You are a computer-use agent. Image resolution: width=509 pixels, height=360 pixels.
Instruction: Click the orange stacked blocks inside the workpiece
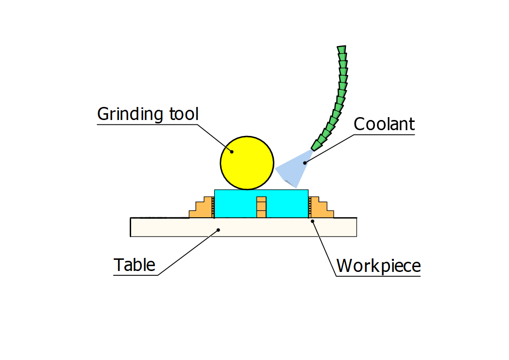pos(261,207)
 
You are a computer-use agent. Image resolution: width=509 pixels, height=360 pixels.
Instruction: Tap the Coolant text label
pos(384,124)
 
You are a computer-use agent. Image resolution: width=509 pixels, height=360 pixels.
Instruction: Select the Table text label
pos(135,265)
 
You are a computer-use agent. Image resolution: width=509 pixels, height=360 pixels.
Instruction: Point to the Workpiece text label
pos(378,266)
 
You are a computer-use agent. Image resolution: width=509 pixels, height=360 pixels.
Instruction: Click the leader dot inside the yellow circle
pos(232,151)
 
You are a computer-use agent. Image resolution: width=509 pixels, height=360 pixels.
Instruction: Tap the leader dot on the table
pos(218,230)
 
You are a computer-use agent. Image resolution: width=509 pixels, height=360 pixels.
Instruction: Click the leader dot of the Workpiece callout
pos(312,221)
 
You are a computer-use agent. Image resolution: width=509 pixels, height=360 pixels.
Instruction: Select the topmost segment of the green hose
pos(342,49)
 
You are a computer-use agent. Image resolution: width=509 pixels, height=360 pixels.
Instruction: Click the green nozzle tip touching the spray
pos(316,145)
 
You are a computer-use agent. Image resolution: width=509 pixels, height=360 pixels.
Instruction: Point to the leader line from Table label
pos(189,252)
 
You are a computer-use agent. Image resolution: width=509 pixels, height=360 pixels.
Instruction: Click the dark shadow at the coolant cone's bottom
pos(292,183)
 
